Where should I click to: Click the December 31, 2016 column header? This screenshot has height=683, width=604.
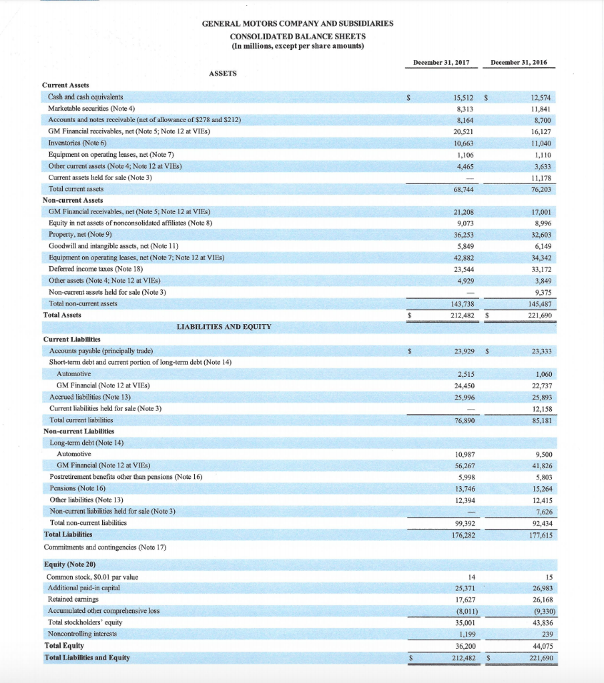[x=519, y=62]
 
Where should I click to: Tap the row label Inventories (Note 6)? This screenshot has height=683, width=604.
[x=77, y=143]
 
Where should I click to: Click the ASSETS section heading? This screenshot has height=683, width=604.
[x=223, y=73]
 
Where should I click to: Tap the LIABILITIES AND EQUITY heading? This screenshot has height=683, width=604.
[x=224, y=327]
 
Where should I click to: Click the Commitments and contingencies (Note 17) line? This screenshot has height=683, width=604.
[x=105, y=547]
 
